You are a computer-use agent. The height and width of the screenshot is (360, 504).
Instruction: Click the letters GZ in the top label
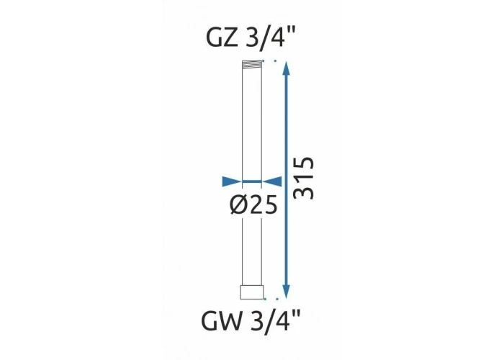(222, 37)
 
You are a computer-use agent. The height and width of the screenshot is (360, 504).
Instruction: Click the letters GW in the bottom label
(221, 321)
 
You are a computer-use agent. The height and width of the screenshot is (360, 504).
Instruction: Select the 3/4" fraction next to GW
(275, 321)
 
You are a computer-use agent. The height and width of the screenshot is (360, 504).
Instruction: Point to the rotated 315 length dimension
(304, 178)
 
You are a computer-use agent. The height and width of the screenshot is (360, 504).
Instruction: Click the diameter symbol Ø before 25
(239, 204)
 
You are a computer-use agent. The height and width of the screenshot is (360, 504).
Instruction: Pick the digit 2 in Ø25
(256, 204)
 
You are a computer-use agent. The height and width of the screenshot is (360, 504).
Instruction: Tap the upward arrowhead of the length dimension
(286, 68)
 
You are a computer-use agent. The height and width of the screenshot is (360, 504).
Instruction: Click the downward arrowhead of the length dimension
(286, 292)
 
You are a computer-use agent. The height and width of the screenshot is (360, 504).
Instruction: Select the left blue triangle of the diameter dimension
(231, 181)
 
